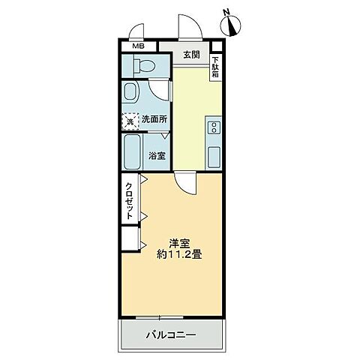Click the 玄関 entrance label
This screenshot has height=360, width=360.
coord(190,55)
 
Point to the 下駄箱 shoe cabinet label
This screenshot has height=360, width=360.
coord(215,68)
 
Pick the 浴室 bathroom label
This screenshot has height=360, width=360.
coord(157,156)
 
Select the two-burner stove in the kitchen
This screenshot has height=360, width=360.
coord(214,126)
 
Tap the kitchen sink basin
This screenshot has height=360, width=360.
coord(214,156)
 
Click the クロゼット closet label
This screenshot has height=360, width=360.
coord(129,199)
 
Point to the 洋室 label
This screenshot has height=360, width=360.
coord(178,243)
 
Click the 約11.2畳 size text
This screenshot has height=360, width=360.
coord(178,255)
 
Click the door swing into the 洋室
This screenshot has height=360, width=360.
coord(185,183)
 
